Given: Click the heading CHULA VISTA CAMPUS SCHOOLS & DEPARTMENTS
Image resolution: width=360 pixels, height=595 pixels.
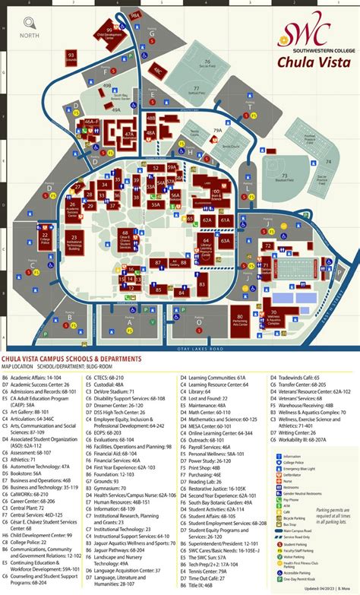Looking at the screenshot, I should (x=71, y=358).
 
